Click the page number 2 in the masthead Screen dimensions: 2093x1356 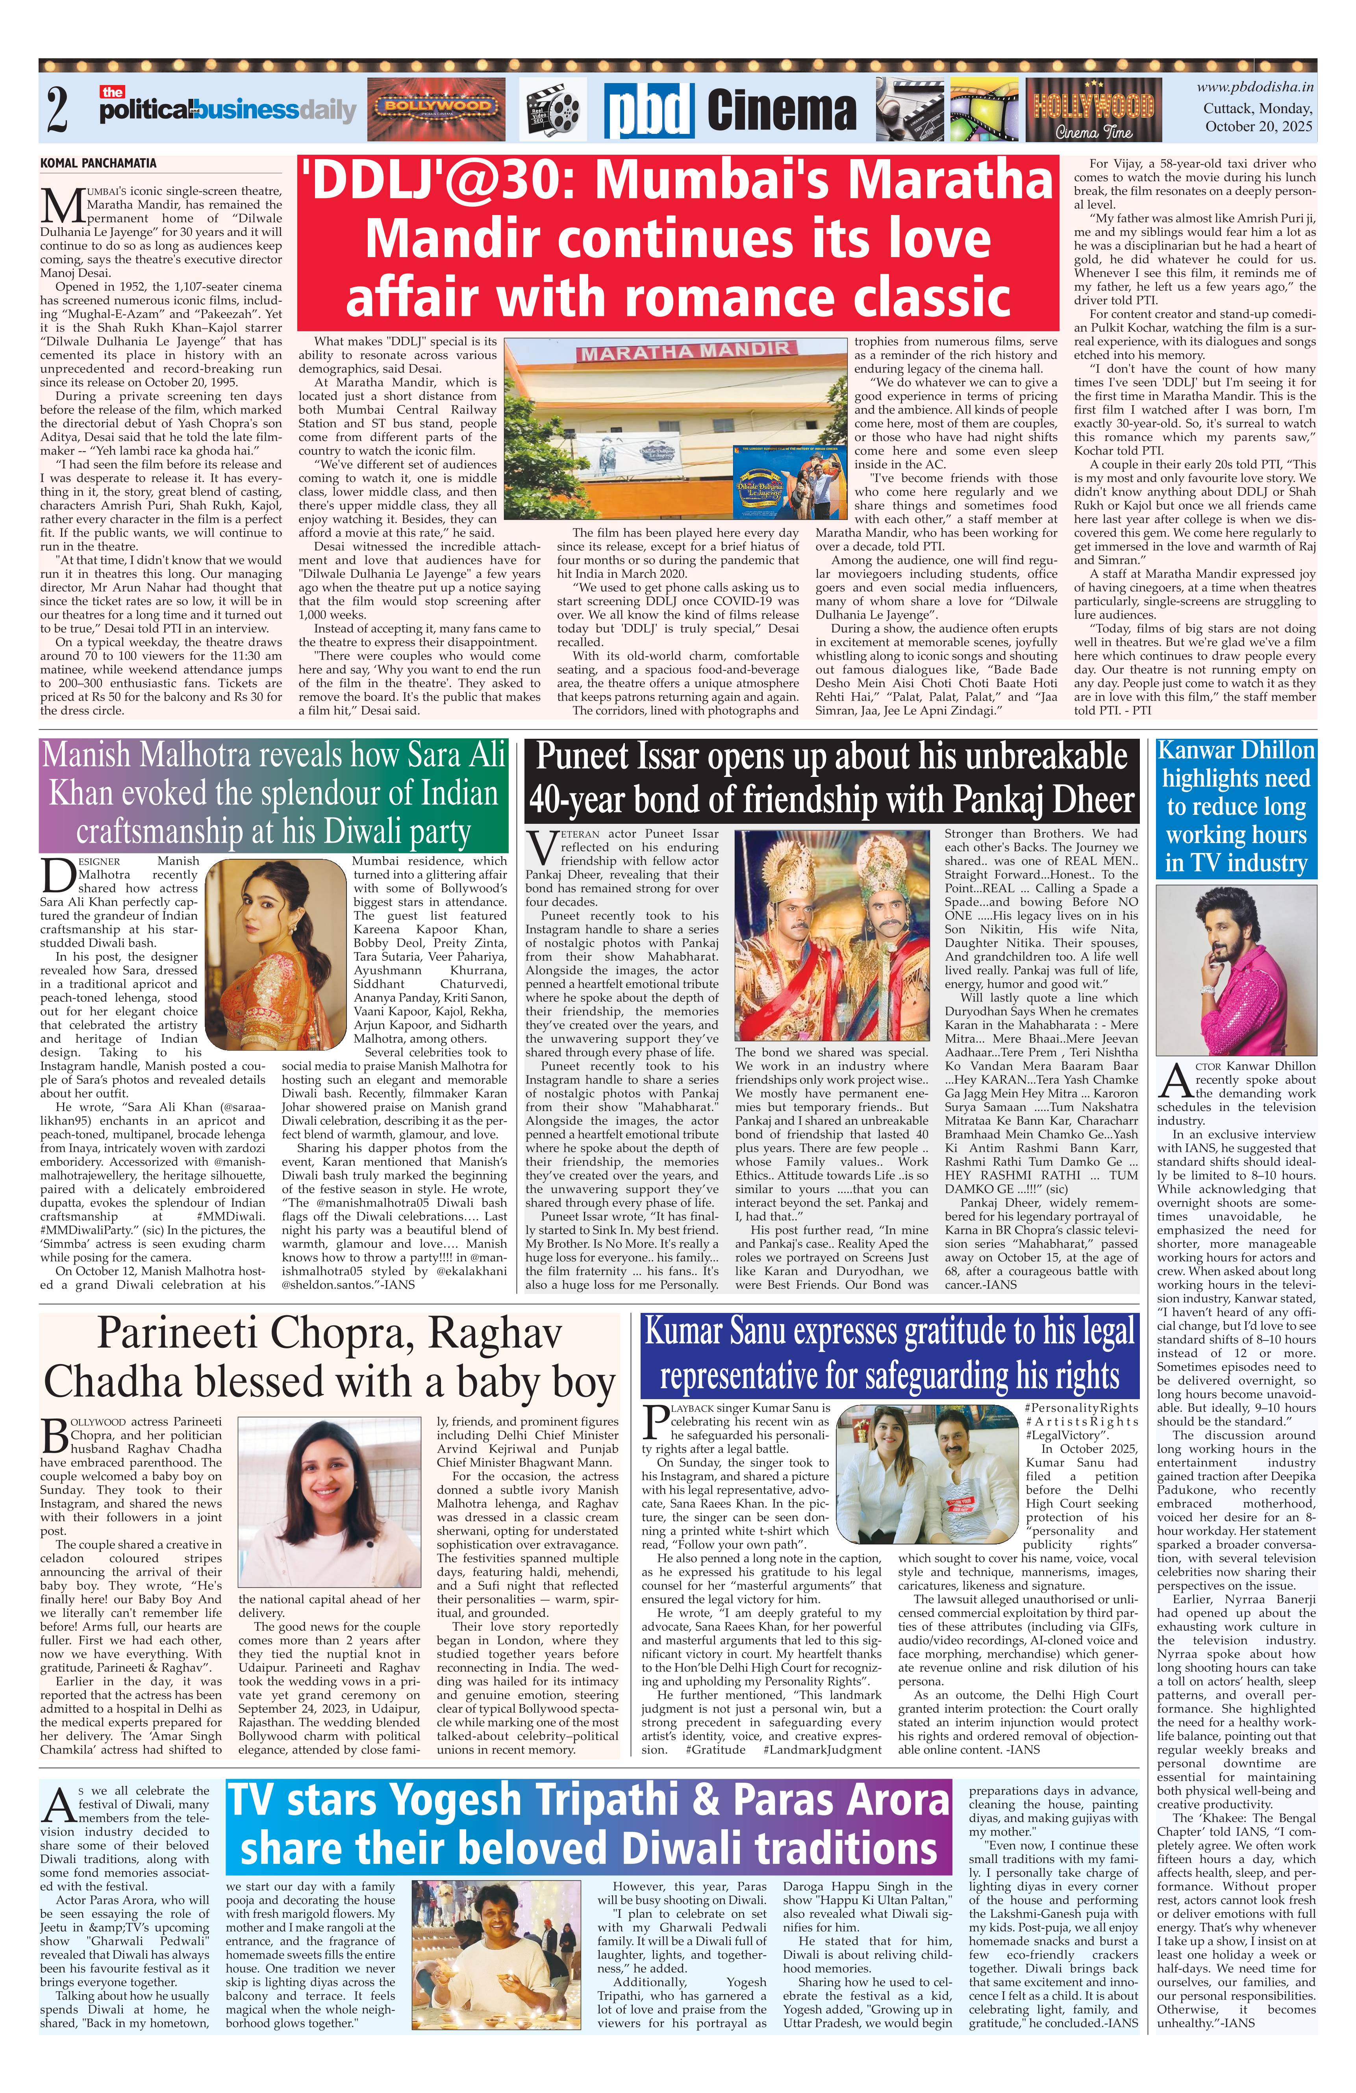click(x=58, y=111)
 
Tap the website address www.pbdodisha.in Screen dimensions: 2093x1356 click(x=1255, y=87)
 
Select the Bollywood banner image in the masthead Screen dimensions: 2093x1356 click(x=435, y=109)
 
